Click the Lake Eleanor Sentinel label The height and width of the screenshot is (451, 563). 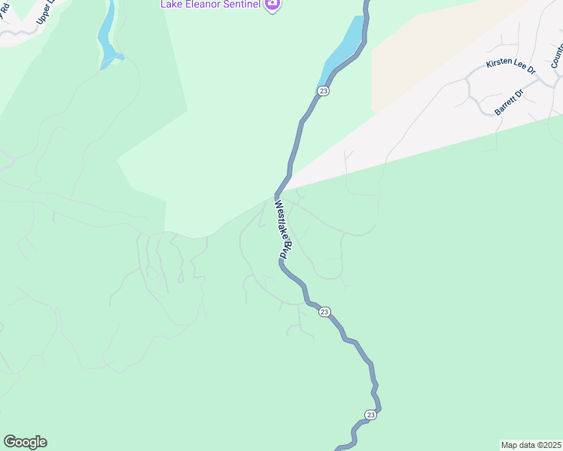[210, 5]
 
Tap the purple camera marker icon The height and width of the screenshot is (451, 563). [272, 5]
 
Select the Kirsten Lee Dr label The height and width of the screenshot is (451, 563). [510, 66]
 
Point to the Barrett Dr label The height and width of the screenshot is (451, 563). [508, 103]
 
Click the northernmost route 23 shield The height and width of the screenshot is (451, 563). [323, 91]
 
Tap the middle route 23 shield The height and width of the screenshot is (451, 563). [324, 311]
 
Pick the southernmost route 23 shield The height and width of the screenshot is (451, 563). [370, 414]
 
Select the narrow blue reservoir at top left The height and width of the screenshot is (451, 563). [107, 34]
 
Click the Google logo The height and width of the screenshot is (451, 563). [25, 442]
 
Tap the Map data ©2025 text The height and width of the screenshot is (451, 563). [531, 444]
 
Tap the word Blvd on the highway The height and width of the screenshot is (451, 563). [285, 247]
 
